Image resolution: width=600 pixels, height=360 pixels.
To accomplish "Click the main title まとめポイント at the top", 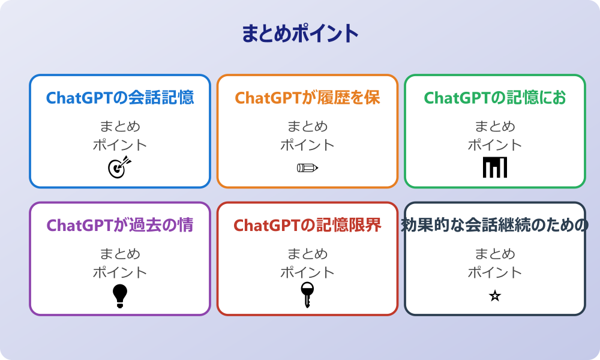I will coord(300,34).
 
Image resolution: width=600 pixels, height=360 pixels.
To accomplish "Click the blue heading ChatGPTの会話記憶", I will coord(120,98).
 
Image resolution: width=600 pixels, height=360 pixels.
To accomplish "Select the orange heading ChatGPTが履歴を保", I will coord(307,98).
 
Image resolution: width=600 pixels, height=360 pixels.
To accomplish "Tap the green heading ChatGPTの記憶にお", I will coord(495,98).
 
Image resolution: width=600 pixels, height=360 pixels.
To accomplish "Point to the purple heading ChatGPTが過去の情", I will coord(120,226).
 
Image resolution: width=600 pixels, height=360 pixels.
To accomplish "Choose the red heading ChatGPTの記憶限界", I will coord(307,226).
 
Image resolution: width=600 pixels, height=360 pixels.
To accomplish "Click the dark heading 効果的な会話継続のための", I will coord(495,226).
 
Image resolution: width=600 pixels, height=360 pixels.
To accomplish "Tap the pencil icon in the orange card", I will coord(307,167).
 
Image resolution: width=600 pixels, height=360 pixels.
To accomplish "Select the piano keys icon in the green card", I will coord(495,167).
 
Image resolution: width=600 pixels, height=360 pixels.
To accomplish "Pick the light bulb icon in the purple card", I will coord(120,296).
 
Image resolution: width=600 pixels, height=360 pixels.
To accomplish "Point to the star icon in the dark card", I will coord(495,296).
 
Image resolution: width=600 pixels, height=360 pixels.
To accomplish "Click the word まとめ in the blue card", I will coord(120,127).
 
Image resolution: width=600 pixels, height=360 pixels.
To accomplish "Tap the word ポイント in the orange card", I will coord(307,145).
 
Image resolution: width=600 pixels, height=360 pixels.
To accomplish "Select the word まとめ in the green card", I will coord(495,127).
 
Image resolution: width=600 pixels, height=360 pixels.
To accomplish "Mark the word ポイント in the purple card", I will coord(120,272).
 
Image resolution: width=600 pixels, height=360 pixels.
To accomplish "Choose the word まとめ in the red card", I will coord(307,254).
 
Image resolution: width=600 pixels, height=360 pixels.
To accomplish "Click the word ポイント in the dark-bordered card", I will coord(495,272).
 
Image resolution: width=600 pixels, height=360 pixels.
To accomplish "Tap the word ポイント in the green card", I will coord(495,145).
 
